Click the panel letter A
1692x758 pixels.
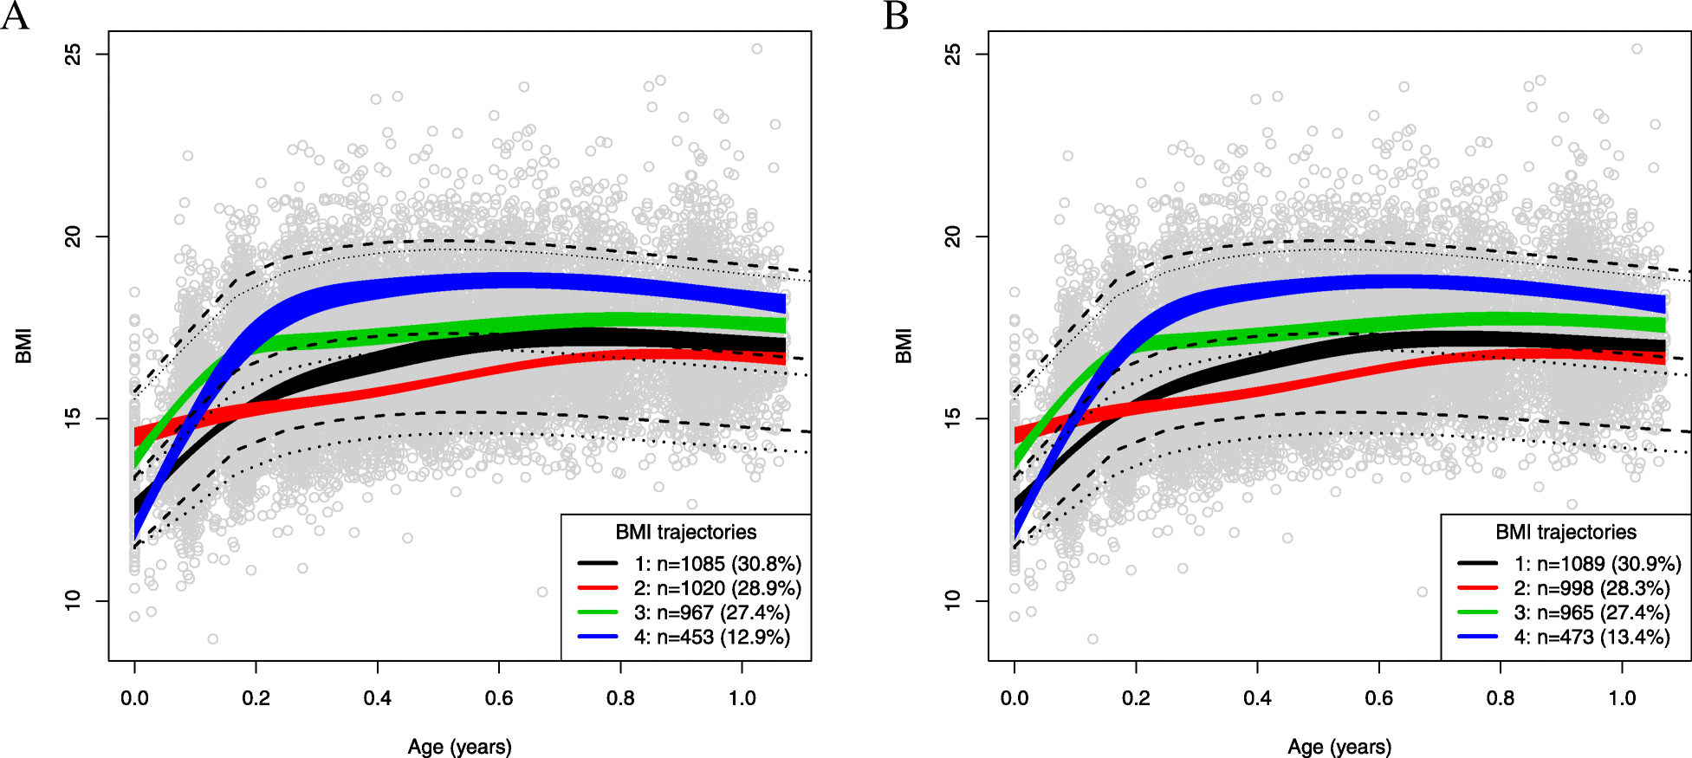click(15, 16)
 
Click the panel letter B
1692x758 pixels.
click(896, 16)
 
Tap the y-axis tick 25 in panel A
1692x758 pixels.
click(74, 54)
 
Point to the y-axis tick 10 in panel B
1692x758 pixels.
click(953, 600)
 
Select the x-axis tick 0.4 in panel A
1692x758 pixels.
click(377, 698)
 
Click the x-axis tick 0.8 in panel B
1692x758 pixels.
click(1501, 698)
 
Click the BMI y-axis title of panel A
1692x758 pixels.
click(23, 346)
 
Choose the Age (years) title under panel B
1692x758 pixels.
click(1339, 747)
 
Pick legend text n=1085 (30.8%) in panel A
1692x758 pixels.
click(717, 564)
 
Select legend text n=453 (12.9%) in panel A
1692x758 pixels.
click(712, 637)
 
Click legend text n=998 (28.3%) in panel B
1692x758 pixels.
click(1592, 588)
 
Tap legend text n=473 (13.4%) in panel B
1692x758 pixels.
click(1592, 637)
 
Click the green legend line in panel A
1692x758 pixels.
click(598, 612)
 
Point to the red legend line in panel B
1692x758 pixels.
click(1478, 588)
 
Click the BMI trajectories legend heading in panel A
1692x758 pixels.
click(685, 532)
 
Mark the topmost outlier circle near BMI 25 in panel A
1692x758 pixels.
click(756, 49)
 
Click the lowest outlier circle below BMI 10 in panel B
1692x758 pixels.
click(1092, 639)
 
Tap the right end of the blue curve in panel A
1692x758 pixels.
click(782, 303)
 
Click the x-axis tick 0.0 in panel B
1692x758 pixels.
click(1015, 698)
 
